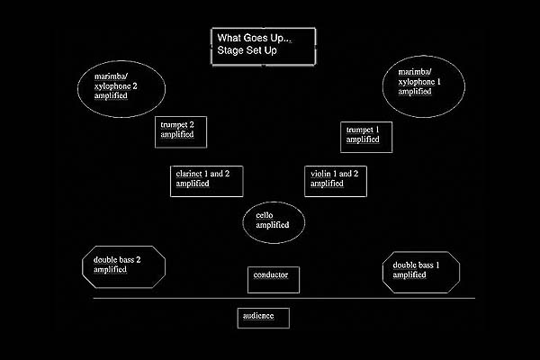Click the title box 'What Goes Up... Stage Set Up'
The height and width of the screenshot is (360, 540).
pos(264,46)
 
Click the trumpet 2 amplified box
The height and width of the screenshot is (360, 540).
pos(182,131)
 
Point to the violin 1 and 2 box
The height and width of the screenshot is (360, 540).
pos(337,179)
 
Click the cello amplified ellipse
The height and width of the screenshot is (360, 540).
pos(274,221)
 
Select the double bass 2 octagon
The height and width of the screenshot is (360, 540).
pos(124,266)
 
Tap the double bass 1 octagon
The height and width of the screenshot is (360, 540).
pos(421,272)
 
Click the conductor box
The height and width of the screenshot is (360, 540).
pos(273,279)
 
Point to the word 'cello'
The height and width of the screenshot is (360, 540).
pos(264,216)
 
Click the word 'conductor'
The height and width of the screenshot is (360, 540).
pos(271,274)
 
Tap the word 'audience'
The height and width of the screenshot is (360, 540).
pos(258,317)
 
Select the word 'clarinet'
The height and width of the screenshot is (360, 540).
pos(190,174)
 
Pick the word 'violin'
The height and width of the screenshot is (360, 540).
pos(320,174)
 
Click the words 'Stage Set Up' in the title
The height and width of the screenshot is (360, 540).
pos(247,52)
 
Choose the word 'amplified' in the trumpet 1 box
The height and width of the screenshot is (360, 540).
pos(363,140)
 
